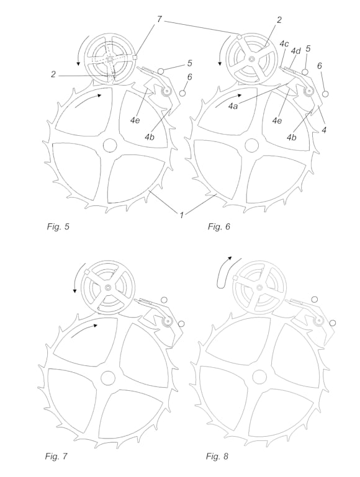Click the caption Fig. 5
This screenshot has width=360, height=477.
coord(58,226)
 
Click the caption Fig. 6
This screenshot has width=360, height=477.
coord(219,226)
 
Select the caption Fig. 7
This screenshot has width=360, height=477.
coord(56,456)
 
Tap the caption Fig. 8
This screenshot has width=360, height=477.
coord(217,456)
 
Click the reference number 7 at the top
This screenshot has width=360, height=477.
coord(159,19)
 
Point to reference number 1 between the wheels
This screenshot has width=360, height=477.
coord(182,215)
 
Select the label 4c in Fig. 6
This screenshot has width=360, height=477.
coord(284,43)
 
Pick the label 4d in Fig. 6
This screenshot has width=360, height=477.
coord(295,51)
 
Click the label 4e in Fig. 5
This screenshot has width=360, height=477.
coord(135,120)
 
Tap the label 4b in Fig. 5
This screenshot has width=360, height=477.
coord(149,137)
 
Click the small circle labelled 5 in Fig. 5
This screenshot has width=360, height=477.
coord(161,71)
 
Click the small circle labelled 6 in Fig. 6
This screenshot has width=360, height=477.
coord(326,94)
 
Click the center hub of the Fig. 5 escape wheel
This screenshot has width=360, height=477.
coord(110,145)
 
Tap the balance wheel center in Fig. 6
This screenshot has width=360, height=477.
coord(251,59)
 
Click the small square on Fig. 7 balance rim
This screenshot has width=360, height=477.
coord(86,272)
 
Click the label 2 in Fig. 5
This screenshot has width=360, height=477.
coord(53,74)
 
